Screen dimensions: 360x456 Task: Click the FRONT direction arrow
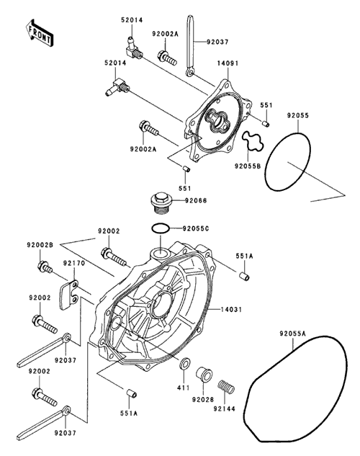coord(39,32)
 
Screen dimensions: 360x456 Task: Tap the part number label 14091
coord(228,63)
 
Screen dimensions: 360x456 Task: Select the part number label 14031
coord(230,310)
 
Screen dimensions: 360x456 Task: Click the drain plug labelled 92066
coord(161,203)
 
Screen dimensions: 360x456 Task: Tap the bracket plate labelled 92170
coord(69,295)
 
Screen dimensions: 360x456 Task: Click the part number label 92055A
coord(292,334)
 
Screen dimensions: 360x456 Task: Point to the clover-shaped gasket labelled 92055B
coord(253,141)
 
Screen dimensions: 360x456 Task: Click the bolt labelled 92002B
coord(45,268)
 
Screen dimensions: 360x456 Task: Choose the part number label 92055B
coord(248,166)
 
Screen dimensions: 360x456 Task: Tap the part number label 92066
coord(196,201)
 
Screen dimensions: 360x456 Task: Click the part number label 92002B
coord(40,245)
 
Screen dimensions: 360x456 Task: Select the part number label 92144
coord(224,408)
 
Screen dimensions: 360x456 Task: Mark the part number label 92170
coord(74,263)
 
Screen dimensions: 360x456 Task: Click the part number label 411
coord(183,388)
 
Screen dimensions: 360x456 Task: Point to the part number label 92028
coord(202,400)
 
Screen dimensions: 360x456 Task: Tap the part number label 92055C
coord(196,228)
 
